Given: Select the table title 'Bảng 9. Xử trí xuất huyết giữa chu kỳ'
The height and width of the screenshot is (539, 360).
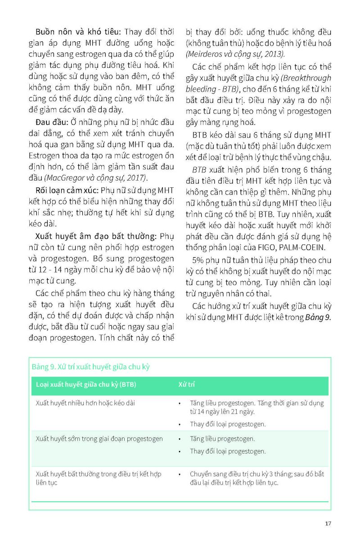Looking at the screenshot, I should (x=90, y=367).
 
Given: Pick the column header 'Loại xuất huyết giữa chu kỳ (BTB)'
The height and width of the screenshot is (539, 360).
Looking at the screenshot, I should (x=86, y=385).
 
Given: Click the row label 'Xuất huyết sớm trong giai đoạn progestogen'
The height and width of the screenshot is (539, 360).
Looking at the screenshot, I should (x=99, y=438).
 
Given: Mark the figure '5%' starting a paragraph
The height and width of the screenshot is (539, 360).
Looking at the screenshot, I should (x=199, y=260).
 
